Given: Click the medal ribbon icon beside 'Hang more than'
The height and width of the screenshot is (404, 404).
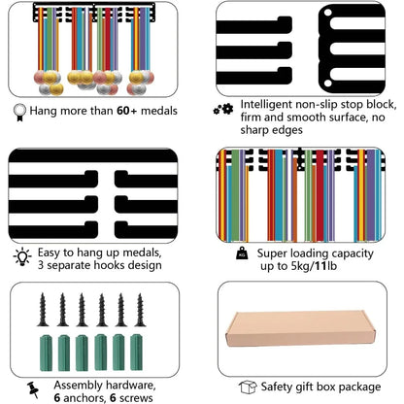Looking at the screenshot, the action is coord(19,112).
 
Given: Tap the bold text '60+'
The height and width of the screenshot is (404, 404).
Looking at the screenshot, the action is coord(127,111).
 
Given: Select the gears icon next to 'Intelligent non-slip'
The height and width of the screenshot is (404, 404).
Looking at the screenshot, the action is coord(223,110).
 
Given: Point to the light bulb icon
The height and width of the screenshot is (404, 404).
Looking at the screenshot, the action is coord(22,257).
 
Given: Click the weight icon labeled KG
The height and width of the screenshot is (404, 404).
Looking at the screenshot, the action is coord(242,253).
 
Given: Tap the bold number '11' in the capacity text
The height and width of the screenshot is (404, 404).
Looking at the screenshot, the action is coord(320,266).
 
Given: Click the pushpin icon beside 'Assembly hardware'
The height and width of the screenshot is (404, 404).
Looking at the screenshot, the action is coord(33,389).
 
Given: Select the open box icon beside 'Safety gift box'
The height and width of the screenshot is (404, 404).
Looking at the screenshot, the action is coord(248,387).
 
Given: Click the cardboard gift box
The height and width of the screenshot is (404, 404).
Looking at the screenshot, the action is coord(300,329).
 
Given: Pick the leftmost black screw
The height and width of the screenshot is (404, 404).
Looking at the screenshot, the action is coord(43,310).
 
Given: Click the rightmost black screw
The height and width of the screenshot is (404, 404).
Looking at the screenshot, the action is coord(140,310).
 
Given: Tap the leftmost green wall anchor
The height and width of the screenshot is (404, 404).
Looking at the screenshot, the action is coord(46,353).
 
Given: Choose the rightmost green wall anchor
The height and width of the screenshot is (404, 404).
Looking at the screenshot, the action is coord(136,353).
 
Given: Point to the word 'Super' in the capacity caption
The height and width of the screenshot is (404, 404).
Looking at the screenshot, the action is coord(271,253).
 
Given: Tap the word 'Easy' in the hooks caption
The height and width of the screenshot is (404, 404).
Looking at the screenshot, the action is coord(49,252).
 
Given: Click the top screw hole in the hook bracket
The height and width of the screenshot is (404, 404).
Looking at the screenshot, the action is coord(327,13).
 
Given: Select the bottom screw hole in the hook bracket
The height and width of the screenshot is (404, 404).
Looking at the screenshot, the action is coord(327,84).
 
